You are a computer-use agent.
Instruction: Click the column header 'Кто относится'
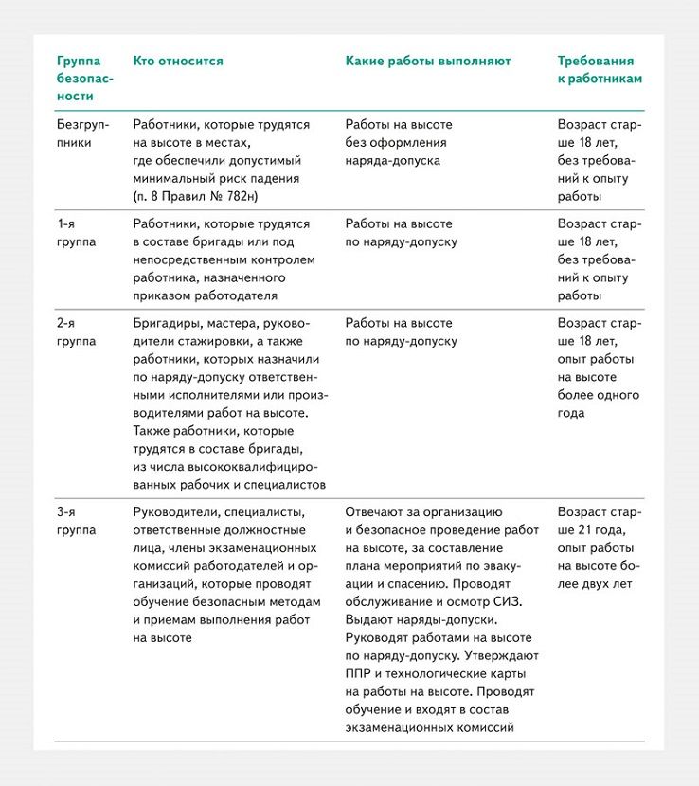178,62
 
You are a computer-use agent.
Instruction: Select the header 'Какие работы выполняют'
427,62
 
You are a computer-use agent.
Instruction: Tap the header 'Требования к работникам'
599,70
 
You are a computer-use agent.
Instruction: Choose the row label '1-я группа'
77,233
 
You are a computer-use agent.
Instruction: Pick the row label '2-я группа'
77,332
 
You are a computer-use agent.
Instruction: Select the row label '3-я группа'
77,522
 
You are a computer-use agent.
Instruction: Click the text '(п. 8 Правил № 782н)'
196,196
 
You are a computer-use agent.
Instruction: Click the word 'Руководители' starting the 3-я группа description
174,513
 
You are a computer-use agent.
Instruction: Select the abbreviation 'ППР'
360,674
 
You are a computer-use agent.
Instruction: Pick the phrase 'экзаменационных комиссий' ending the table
429,727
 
